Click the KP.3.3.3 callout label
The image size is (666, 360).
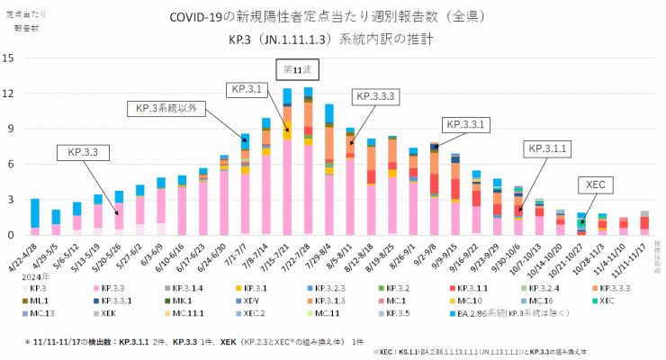pos(376,95)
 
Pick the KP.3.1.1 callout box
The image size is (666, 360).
pos(546,148)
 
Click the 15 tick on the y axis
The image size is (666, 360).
pos(9,58)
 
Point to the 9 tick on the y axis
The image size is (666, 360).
pos(9,129)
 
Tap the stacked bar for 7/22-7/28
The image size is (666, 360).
pos(308,162)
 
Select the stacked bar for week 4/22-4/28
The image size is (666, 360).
pos(34,217)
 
